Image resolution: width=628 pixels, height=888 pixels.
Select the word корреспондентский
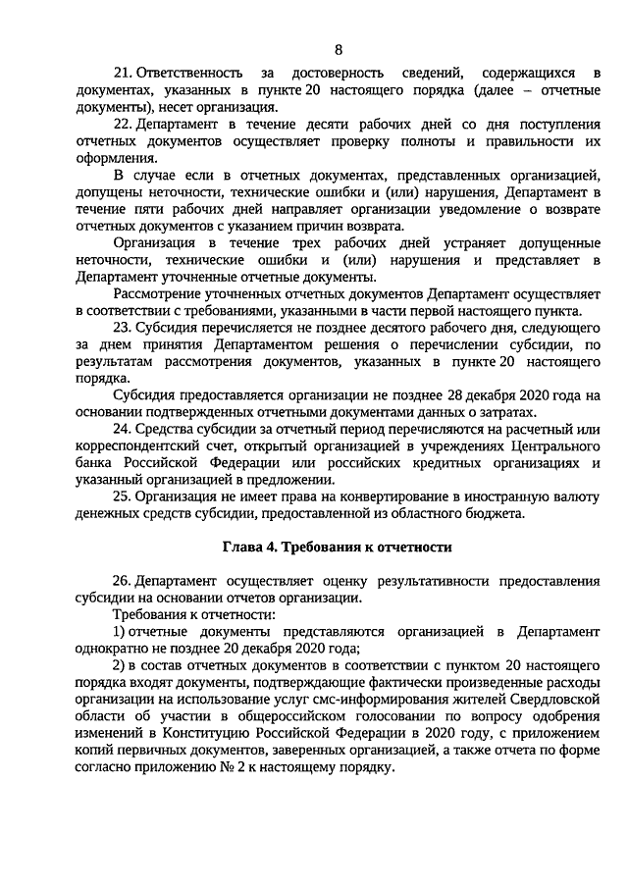pyautogui.click(x=136, y=445)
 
